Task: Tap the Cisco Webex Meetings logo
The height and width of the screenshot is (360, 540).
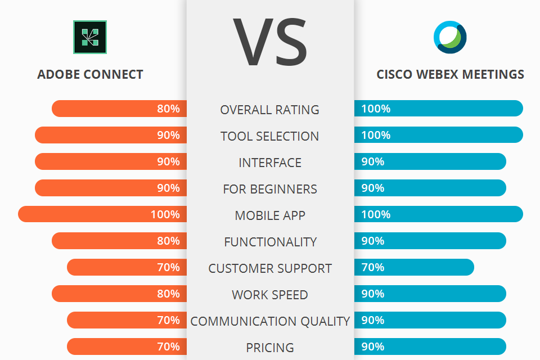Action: [450, 37]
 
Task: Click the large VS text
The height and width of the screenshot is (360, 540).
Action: [270, 43]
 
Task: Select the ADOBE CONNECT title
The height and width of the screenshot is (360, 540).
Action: [90, 74]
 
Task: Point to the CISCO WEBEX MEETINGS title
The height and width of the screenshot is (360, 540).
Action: [450, 74]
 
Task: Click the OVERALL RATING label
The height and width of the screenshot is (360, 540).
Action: [270, 110]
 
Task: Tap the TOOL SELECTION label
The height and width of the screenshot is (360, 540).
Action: [270, 136]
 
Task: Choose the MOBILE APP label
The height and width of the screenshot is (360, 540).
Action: [270, 215]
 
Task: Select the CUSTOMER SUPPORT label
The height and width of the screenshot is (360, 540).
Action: [270, 268]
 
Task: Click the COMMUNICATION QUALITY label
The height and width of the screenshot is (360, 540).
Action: [270, 321]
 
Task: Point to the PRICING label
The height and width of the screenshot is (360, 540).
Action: [270, 348]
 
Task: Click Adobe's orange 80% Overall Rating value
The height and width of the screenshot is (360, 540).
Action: [168, 109]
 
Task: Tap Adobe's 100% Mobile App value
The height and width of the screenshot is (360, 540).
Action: [165, 214]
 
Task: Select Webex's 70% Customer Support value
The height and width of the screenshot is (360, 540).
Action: [372, 267]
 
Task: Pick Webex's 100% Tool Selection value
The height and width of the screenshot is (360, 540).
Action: [376, 135]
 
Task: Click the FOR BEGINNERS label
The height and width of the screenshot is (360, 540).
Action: [270, 189]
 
